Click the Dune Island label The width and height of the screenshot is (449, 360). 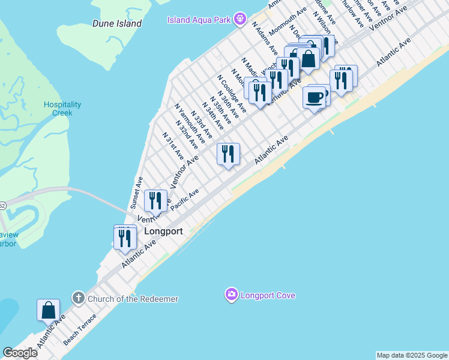click(117, 23)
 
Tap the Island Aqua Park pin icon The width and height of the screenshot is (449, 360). click(240, 19)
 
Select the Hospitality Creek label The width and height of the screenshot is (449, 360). click(58, 109)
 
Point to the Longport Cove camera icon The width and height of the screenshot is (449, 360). click(232, 295)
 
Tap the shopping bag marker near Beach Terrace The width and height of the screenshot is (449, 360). click(48, 310)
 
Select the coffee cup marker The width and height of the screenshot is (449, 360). click(315, 96)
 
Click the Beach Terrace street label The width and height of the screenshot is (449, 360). click(80, 329)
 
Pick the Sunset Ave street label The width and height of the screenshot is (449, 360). click(137, 191)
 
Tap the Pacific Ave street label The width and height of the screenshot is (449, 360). click(184, 200)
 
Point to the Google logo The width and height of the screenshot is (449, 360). click(19, 353)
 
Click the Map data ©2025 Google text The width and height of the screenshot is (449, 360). click(412, 355)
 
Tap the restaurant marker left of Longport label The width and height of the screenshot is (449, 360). click(124, 238)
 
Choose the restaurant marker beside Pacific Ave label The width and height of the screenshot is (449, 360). click(156, 200)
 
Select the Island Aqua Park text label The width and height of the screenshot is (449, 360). click(199, 20)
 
